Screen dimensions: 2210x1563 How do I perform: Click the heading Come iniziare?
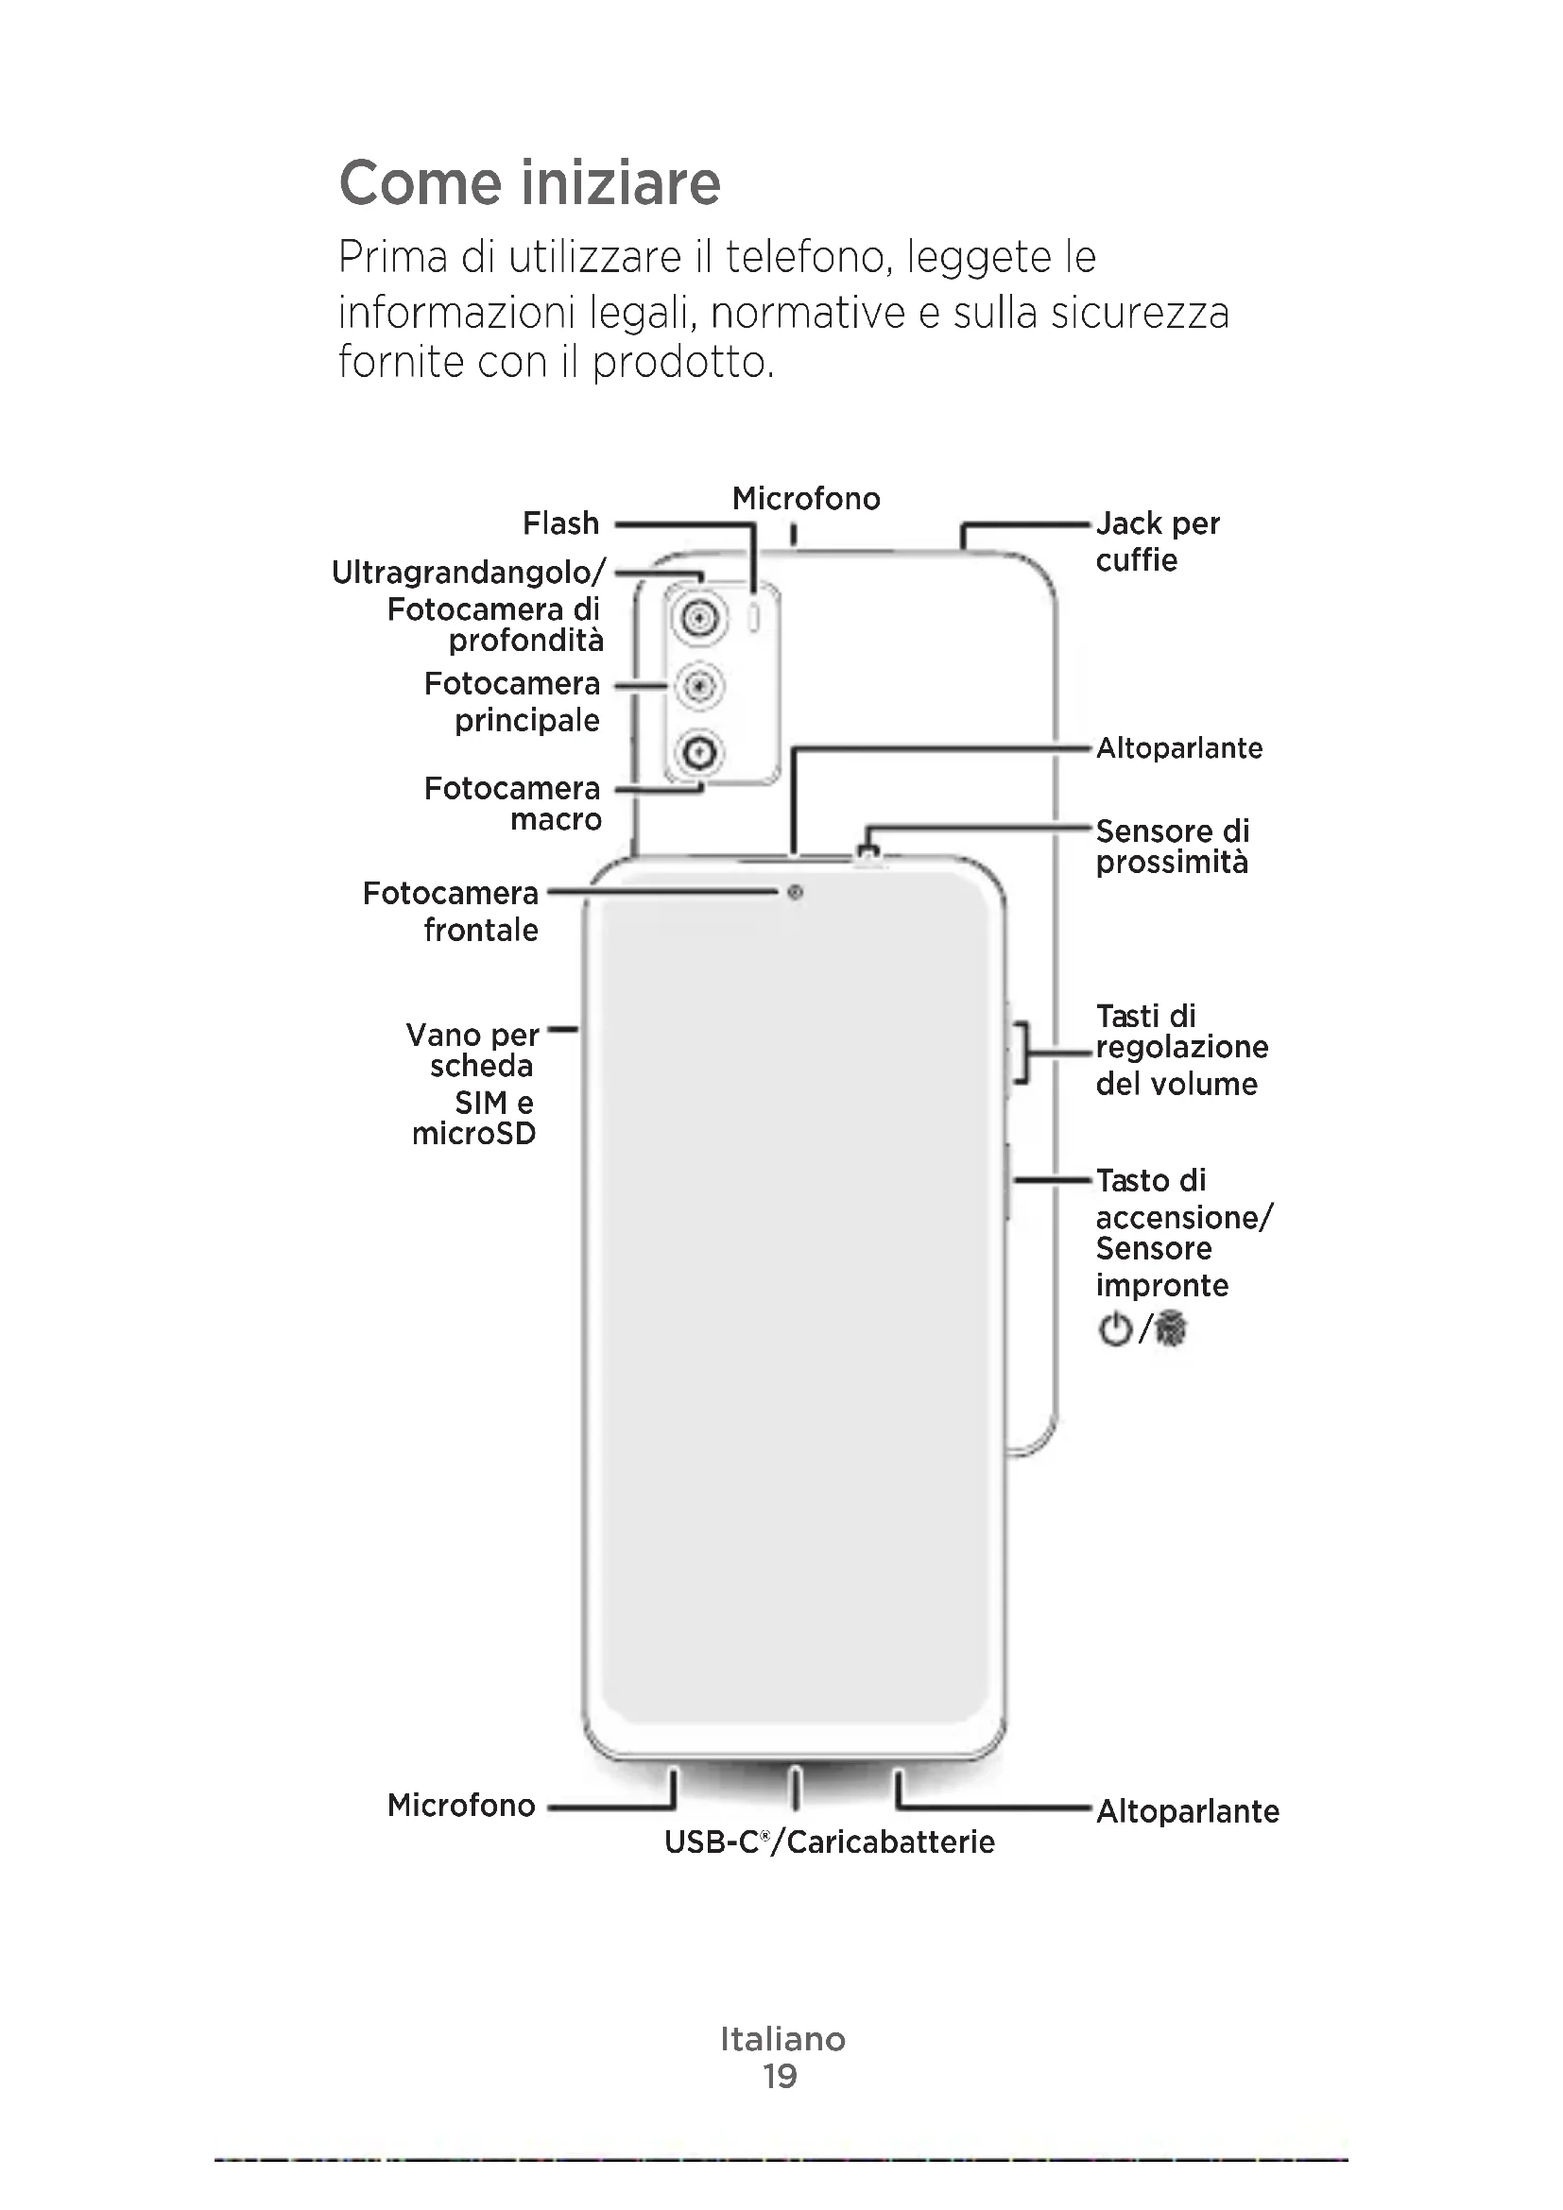[x=529, y=183]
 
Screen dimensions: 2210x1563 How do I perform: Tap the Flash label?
[x=560, y=523]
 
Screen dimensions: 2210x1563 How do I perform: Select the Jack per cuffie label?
[x=1157, y=542]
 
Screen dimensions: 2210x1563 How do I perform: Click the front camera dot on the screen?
[x=795, y=893]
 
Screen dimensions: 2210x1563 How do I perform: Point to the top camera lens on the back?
[x=699, y=617]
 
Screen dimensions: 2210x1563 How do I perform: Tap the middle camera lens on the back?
[x=699, y=686]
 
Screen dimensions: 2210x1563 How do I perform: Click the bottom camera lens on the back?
[x=699, y=752]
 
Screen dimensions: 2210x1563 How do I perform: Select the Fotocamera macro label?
[x=512, y=804]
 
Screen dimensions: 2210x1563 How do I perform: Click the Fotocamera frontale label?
[x=451, y=912]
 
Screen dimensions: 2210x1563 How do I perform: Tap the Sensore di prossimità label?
[x=1172, y=846]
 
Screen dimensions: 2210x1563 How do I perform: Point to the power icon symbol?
[x=1114, y=1330]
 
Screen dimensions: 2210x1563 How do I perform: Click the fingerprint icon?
[x=1171, y=1330]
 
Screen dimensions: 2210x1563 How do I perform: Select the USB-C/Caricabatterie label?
[x=830, y=1842]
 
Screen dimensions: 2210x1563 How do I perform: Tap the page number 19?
[x=781, y=2076]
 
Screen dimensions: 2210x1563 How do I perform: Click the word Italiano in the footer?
[x=782, y=2039]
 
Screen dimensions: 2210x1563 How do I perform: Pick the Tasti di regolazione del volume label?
[x=1182, y=1049]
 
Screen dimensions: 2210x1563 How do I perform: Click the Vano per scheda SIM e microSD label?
[x=472, y=1084]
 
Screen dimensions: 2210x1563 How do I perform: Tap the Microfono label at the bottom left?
[x=461, y=1805]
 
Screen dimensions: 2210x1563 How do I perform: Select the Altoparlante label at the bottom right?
[x=1188, y=1810]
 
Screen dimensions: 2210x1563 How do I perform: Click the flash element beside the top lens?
[x=754, y=618]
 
